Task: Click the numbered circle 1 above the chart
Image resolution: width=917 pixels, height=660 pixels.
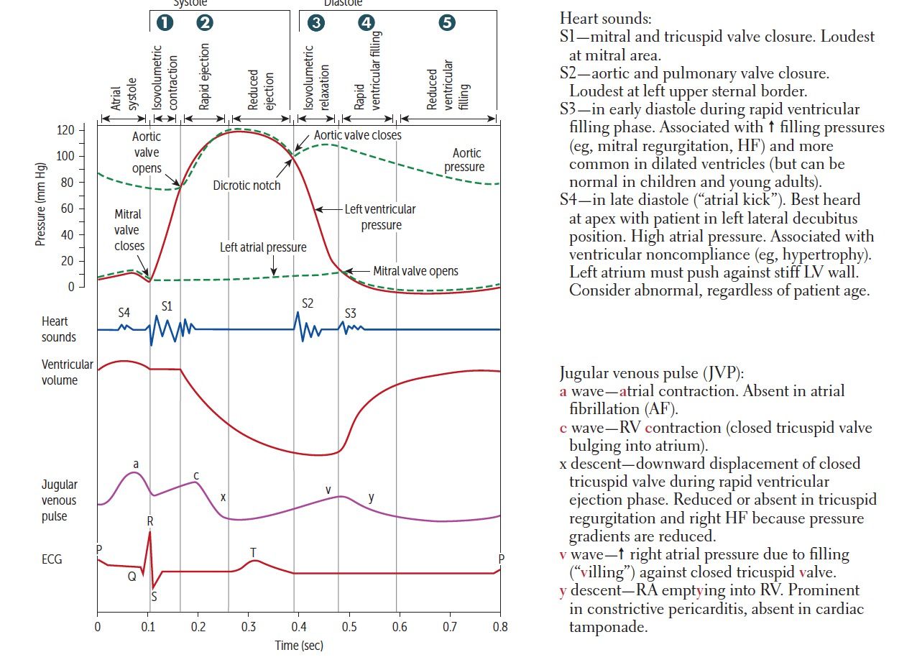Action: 165,23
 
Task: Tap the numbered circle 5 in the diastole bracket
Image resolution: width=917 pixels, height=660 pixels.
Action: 446,23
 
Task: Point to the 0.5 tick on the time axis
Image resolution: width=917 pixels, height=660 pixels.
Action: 349,626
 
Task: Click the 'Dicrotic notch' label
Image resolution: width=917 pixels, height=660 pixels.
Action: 246,185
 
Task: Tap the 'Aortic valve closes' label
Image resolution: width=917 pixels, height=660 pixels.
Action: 358,135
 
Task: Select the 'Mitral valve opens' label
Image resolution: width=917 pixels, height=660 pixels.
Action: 415,271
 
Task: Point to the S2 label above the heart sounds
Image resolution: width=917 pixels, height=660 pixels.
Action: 307,303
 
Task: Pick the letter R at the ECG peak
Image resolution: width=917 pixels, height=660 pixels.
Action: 149,520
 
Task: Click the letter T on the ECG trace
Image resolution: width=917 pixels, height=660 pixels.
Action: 253,551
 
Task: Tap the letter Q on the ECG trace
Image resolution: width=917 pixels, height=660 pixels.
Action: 132,576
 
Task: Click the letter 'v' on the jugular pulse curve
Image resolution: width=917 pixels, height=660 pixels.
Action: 328,490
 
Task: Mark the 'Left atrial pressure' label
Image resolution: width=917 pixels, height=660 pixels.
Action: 263,247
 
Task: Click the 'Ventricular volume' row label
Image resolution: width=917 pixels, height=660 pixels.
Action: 67,372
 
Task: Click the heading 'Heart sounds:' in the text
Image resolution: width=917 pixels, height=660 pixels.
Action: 605,18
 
